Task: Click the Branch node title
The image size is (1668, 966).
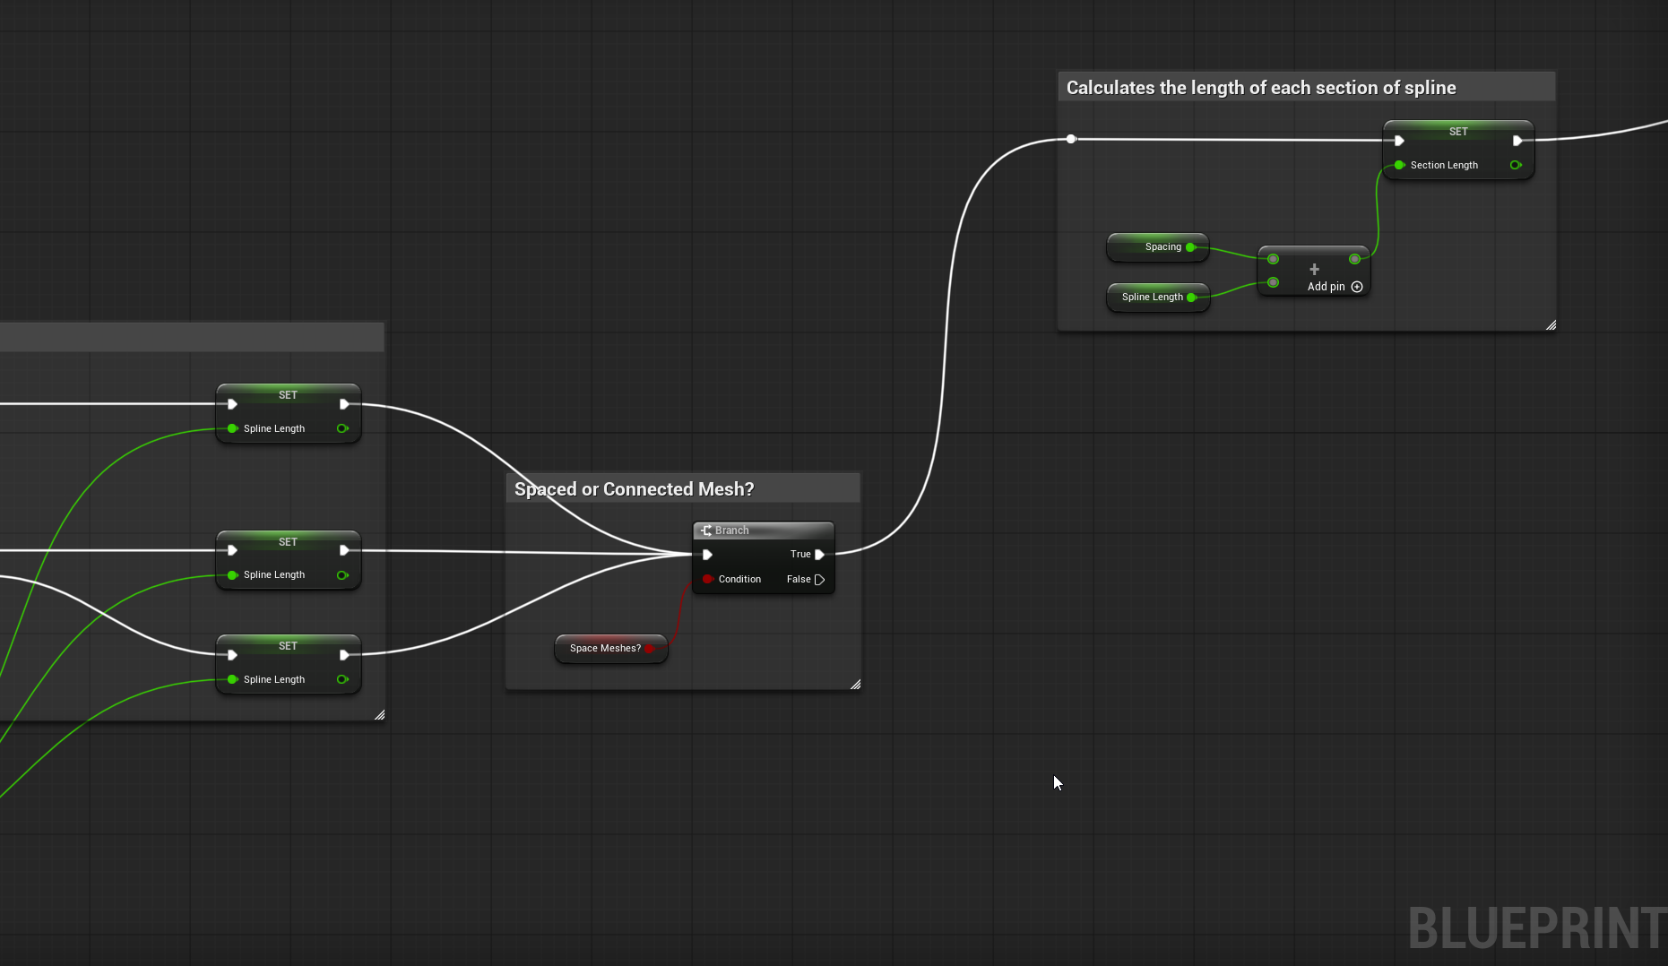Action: (x=731, y=530)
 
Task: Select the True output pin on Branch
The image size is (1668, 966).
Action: (x=819, y=555)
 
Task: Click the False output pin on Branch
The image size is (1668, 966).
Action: (x=819, y=580)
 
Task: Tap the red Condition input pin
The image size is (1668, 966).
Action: (x=707, y=579)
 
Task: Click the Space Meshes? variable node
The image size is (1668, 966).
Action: (x=611, y=649)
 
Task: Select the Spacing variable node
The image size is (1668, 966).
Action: (x=1158, y=247)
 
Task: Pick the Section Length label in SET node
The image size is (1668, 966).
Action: (x=1444, y=165)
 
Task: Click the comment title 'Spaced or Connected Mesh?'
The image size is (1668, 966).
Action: (x=634, y=489)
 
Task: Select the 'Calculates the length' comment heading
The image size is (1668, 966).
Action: (x=1261, y=88)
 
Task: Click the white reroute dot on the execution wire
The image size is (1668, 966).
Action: (x=1071, y=139)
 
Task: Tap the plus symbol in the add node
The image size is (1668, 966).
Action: (x=1314, y=269)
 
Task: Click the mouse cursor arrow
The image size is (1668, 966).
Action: (x=1058, y=783)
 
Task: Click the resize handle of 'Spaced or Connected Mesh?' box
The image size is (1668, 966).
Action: (x=855, y=685)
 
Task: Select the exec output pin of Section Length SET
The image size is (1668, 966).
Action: (x=1517, y=141)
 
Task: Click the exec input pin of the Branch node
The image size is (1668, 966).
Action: (x=707, y=555)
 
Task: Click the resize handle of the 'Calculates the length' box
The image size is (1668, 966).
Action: (x=1551, y=325)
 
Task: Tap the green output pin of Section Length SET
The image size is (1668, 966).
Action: (x=1516, y=165)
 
